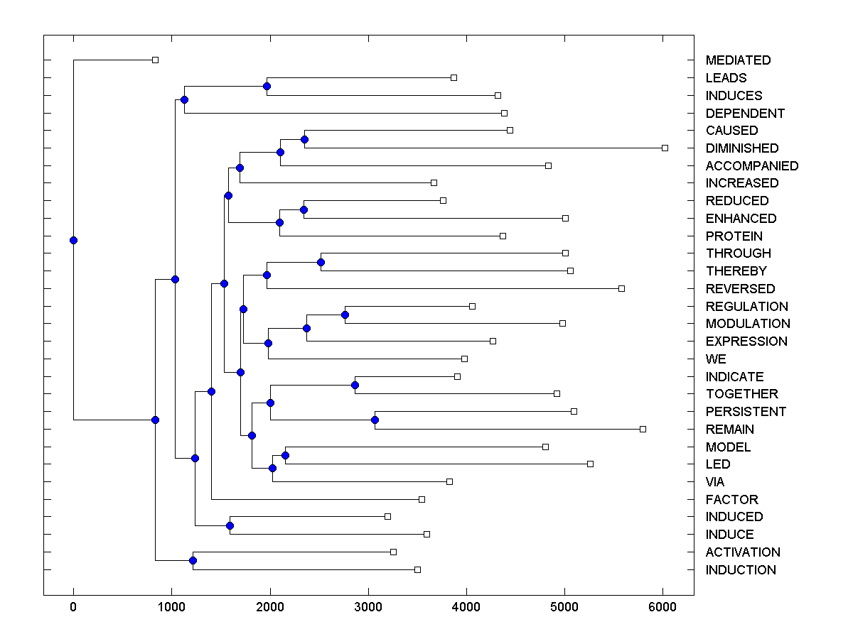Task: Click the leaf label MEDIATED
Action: tap(738, 60)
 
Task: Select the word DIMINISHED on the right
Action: tap(742, 148)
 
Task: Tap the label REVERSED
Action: tap(740, 289)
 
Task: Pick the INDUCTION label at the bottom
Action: tap(741, 570)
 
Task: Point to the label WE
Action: tap(716, 359)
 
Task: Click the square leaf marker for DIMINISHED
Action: tap(665, 148)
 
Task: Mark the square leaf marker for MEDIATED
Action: tap(156, 60)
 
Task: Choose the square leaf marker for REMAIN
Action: tap(643, 429)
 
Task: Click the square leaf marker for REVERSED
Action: tap(621, 288)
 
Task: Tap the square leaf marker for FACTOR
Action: tap(422, 499)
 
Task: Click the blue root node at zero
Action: tap(73, 240)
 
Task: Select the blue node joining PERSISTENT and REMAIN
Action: tap(375, 420)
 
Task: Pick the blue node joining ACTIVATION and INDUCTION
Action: tap(193, 561)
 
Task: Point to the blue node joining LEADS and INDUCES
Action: tap(267, 86)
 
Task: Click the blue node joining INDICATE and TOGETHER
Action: tap(355, 385)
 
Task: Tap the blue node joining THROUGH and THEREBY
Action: tap(321, 262)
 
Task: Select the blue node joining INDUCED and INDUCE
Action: tap(230, 525)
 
